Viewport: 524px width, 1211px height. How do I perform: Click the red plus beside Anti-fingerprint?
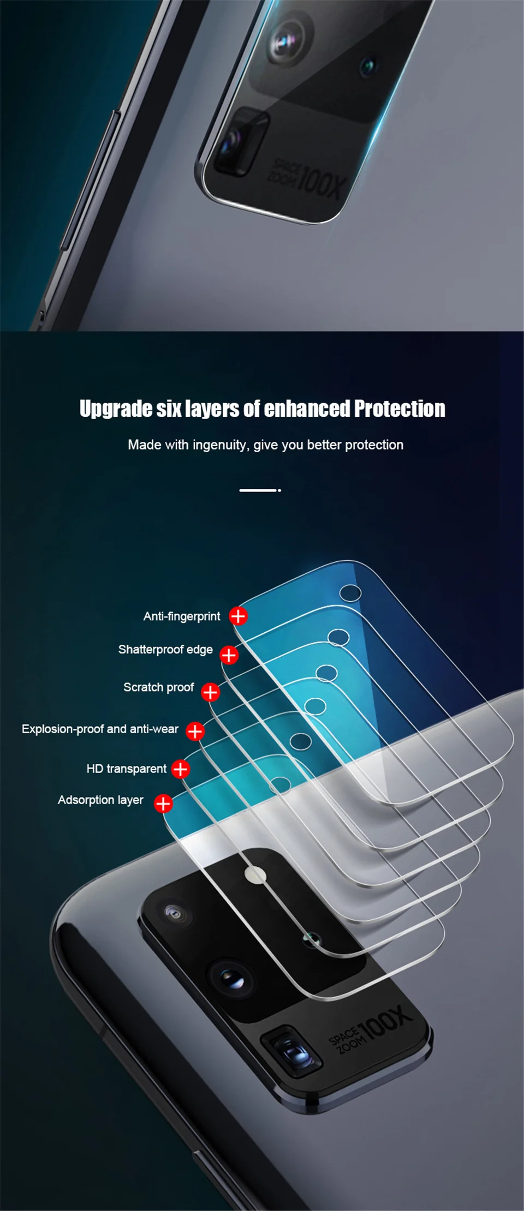click(238, 616)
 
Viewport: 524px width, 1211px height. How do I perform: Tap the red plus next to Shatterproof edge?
click(229, 655)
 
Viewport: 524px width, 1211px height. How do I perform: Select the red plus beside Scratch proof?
click(210, 692)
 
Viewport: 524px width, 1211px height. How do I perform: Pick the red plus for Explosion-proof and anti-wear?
click(195, 731)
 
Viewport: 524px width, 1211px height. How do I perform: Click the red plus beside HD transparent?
click(180, 769)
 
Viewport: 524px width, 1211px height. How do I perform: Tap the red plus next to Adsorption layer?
click(163, 803)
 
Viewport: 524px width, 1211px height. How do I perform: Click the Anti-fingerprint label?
click(181, 616)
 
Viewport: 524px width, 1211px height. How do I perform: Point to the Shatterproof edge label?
click(165, 650)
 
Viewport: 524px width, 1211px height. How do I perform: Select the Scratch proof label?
click(158, 687)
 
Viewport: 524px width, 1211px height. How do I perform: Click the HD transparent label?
click(126, 769)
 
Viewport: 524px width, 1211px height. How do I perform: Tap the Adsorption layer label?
click(100, 800)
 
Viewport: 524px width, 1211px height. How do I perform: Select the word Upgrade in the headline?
click(115, 409)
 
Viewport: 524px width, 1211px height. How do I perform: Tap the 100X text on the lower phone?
click(384, 1021)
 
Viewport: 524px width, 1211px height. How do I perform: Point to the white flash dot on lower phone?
click(254, 875)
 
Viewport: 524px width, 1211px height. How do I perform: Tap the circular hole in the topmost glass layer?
click(350, 593)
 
